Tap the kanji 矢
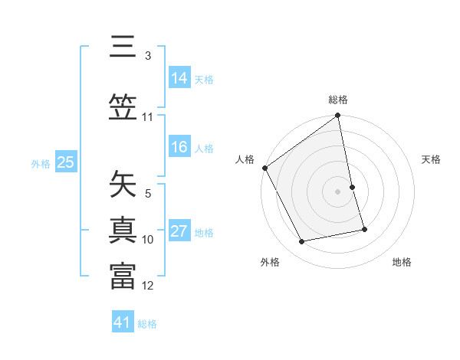123,184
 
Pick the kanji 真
123,230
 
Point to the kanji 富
123,276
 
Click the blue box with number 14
179,78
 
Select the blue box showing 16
179,148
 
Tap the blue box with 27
179,232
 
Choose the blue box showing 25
66,162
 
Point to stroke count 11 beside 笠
147,117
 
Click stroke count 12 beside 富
148,286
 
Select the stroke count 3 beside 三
147,56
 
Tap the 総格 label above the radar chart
338,100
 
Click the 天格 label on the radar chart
431,159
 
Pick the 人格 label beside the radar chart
245,159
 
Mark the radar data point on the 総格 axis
338,116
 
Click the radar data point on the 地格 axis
364,229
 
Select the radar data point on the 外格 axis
302,242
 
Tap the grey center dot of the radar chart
338,191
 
